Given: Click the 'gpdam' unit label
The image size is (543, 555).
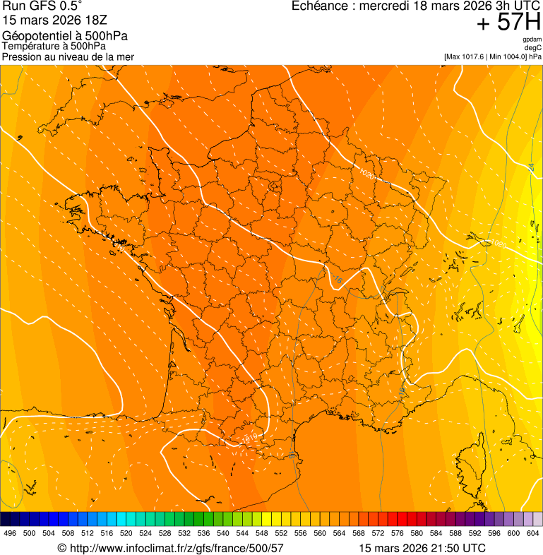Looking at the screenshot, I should [x=532, y=40].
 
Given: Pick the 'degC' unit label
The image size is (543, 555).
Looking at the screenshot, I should [x=533, y=47].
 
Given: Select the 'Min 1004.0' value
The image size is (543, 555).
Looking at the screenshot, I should [x=508, y=56].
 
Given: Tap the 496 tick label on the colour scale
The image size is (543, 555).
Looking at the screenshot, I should [x=10, y=534].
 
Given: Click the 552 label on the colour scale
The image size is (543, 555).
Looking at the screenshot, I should [x=281, y=534].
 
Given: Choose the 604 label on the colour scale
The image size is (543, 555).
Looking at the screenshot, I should [x=533, y=534].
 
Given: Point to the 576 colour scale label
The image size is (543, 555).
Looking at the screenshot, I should [x=398, y=534].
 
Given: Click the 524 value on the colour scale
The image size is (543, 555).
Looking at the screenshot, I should [x=145, y=534].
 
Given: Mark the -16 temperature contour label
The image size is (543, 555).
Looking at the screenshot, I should [x=336, y=280].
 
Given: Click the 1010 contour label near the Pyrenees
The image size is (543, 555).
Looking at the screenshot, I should [x=247, y=438].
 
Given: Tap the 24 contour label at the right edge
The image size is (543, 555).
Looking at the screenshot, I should [x=531, y=167].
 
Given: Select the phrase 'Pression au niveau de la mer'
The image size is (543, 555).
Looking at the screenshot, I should [x=68, y=56].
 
